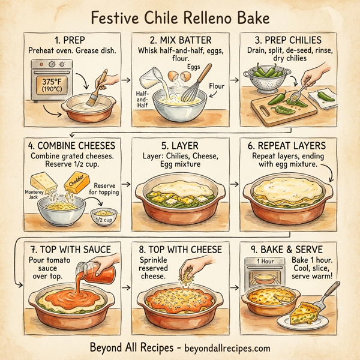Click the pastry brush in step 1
(97, 84)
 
